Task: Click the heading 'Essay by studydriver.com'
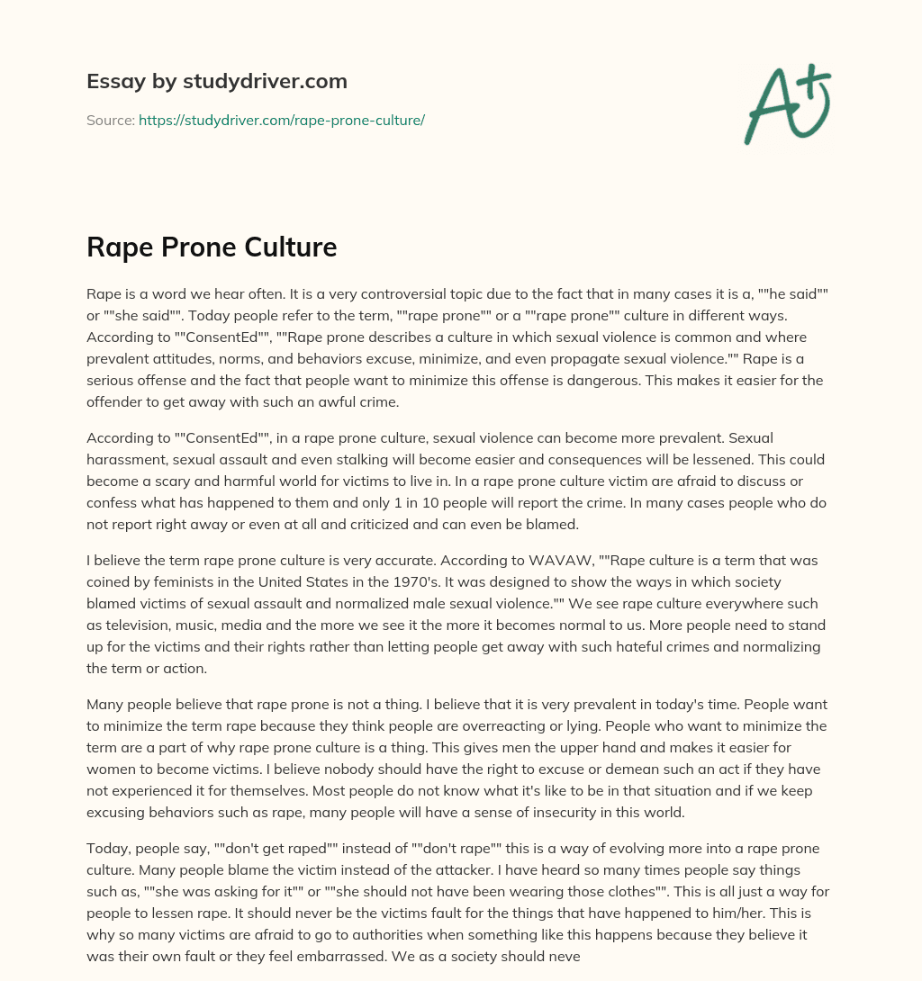click(216, 81)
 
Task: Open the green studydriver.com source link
click(282, 120)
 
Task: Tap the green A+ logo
click(787, 103)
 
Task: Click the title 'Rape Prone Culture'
click(212, 247)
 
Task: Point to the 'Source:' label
click(110, 120)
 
